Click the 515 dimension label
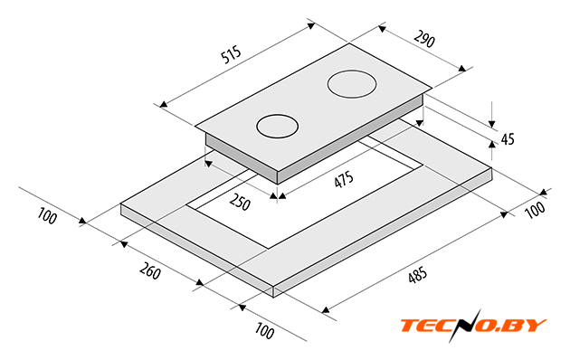point(232,54)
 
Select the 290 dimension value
point(424,39)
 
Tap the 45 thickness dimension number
point(508,139)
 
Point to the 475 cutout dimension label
point(344,180)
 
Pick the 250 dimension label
point(240,202)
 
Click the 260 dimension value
point(150,271)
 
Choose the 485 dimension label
point(417,275)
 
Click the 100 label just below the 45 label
point(536,210)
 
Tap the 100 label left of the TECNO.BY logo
point(264,330)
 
